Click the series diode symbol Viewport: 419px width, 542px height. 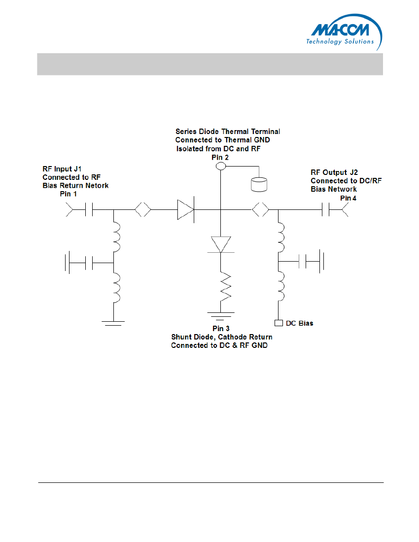pos(186,209)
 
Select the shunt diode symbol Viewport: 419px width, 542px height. pos(221,245)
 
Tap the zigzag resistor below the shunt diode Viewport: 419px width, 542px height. pos(225,287)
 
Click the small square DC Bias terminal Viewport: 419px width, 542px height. pos(279,323)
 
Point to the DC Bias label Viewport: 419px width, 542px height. pos(299,323)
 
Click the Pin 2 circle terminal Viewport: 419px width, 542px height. pos(220,166)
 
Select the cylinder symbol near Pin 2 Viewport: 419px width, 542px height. pos(259,184)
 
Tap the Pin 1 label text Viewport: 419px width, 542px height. pos(68,194)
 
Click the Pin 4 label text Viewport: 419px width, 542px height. pos(348,198)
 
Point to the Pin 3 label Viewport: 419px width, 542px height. pos(221,328)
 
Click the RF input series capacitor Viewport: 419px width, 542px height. pos(89,209)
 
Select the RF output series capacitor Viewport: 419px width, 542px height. pos(326,209)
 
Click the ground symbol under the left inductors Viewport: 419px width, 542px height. pos(113,323)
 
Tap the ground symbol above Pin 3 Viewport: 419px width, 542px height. pos(221,316)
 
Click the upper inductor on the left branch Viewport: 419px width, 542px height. pos(116,237)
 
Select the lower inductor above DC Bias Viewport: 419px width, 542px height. pos(281,286)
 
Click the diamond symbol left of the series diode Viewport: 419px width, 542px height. pos(143,209)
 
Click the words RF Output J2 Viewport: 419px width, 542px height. pos(334,172)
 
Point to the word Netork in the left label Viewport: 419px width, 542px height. pos(97,186)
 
